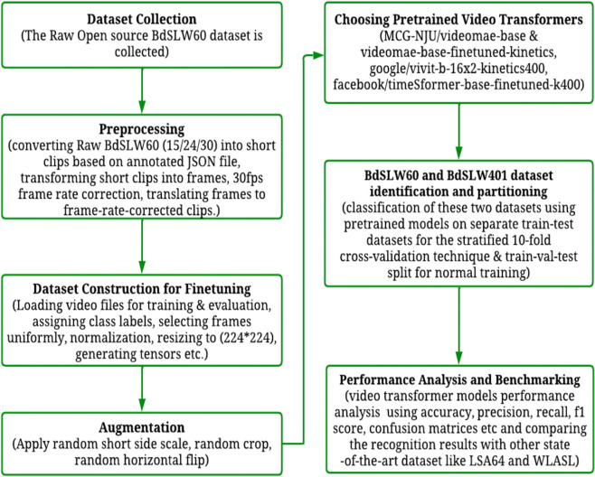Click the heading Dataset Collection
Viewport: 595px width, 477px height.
(x=142, y=19)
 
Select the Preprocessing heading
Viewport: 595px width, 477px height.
(x=142, y=130)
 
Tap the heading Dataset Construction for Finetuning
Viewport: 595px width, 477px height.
(x=142, y=289)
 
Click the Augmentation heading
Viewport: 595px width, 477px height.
(x=142, y=427)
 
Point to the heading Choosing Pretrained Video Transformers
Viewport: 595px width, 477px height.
(x=458, y=20)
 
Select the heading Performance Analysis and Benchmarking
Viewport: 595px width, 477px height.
(x=459, y=380)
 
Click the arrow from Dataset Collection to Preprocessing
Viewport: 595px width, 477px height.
(x=142, y=90)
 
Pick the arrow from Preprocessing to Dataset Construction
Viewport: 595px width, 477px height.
(x=142, y=247)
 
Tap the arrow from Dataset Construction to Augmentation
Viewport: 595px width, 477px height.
(x=142, y=389)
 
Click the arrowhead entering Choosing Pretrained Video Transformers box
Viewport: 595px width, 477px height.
(x=318, y=56)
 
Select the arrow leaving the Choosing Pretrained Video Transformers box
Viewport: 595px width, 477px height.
(x=458, y=131)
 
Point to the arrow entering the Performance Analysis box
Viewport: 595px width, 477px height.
(x=458, y=326)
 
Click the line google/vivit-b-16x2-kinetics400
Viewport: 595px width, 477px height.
(x=458, y=69)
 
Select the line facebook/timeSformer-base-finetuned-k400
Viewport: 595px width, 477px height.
(x=458, y=85)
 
